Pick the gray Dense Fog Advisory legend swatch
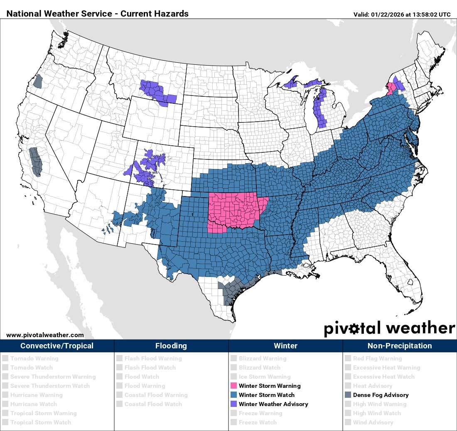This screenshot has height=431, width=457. (x=348, y=395)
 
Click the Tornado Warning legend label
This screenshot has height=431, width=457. (x=34, y=358)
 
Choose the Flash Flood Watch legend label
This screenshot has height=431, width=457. (x=150, y=367)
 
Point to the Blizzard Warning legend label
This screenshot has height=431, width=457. (x=262, y=358)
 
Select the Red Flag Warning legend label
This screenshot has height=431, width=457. (x=377, y=358)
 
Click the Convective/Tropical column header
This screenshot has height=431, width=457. (x=57, y=345)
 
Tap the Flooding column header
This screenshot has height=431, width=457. (x=171, y=345)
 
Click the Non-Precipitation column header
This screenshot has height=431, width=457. (x=400, y=345)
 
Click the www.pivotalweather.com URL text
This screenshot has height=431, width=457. (x=45, y=335)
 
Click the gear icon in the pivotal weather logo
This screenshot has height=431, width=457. (x=354, y=329)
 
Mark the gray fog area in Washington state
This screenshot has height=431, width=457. (x=38, y=81)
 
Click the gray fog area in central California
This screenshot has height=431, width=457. (x=35, y=161)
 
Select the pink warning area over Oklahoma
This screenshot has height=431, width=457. (x=235, y=210)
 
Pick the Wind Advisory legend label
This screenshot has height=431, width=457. (x=373, y=422)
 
